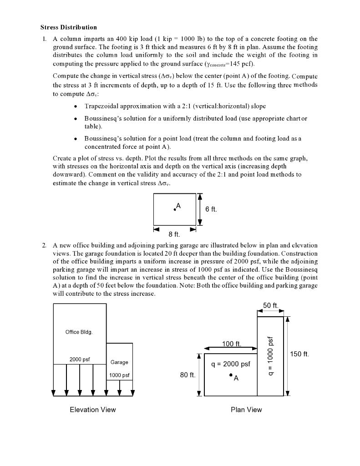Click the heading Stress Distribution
69,27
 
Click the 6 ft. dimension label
211,209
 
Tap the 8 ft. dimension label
174,234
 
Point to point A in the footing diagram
174,209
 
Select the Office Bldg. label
79,332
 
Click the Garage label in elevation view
119,362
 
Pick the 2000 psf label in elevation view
80,360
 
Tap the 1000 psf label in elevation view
119,375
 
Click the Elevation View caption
93,410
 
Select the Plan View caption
246,410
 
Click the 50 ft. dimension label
271,305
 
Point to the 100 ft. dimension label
232,344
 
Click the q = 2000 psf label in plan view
231,364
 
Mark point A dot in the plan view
231,375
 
